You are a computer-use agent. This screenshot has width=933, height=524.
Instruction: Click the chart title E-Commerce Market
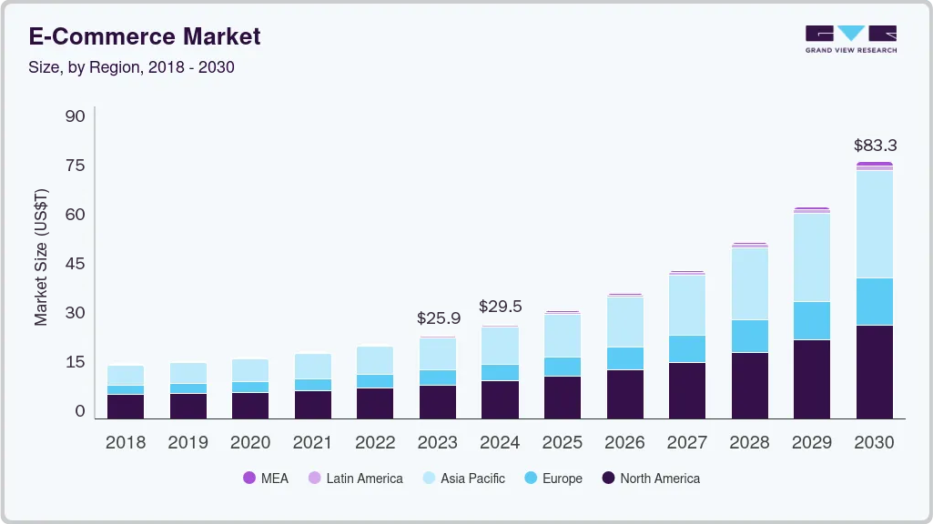pyautogui.click(x=145, y=36)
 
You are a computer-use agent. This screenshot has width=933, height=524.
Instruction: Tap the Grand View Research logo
pyautogui.click(x=850, y=38)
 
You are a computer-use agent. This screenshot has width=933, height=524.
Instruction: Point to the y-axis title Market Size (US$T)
pyautogui.click(x=41, y=257)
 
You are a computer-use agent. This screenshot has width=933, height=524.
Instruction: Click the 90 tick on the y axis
pyautogui.click(x=76, y=116)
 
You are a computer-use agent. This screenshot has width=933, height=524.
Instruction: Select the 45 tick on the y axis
pyautogui.click(x=76, y=264)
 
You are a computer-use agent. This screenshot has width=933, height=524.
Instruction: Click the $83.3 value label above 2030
pyautogui.click(x=875, y=145)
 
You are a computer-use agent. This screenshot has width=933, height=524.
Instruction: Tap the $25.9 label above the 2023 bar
pyautogui.click(x=438, y=318)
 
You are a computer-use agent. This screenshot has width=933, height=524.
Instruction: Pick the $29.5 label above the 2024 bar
pyautogui.click(x=501, y=307)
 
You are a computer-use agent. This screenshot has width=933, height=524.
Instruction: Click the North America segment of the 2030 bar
pyautogui.click(x=875, y=371)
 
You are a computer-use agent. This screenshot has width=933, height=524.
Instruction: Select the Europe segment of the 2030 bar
pyautogui.click(x=875, y=301)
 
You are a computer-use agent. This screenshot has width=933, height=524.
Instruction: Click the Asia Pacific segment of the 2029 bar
pyautogui.click(x=812, y=257)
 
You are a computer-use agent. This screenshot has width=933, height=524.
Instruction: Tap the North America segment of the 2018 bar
pyautogui.click(x=126, y=406)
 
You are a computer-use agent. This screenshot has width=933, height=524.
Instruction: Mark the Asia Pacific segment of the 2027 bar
pyautogui.click(x=687, y=305)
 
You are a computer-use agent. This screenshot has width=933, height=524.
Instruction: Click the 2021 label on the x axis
pyautogui.click(x=313, y=443)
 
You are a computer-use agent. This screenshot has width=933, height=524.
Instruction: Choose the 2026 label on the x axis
pyautogui.click(x=625, y=443)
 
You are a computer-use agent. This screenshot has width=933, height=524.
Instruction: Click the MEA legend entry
pyautogui.click(x=266, y=479)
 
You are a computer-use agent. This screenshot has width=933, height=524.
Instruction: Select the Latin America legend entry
pyautogui.click(x=355, y=479)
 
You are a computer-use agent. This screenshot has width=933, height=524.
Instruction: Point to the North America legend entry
pyautogui.click(x=651, y=479)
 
